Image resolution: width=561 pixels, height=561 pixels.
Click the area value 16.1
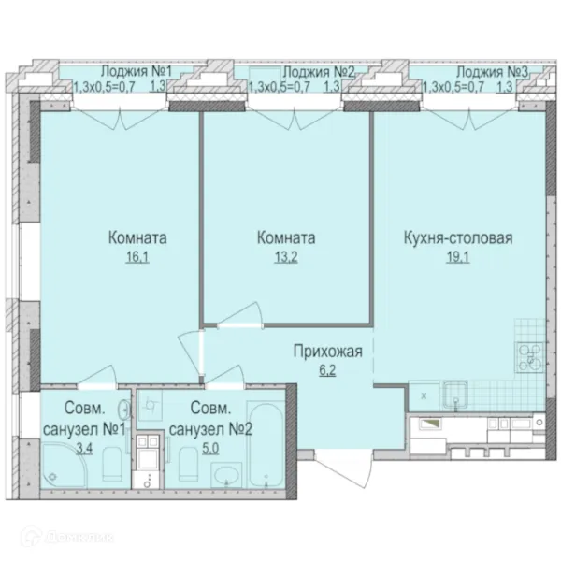pyautogui.click(x=137, y=257)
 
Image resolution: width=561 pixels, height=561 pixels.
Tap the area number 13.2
pyautogui.click(x=286, y=257)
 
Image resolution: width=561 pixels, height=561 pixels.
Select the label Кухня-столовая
pyautogui.click(x=458, y=237)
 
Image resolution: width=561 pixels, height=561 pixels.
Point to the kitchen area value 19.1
pyautogui.click(x=457, y=257)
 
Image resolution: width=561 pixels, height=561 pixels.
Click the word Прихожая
pyautogui.click(x=328, y=352)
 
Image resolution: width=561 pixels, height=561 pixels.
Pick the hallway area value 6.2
pyautogui.click(x=327, y=370)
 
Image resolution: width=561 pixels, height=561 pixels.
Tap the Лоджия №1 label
pyautogui.click(x=137, y=71)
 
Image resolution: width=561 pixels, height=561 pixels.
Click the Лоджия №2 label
pyautogui.click(x=319, y=72)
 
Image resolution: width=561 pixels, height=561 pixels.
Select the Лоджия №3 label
pyautogui.click(x=492, y=72)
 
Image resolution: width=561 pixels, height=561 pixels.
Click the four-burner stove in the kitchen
pyautogui.click(x=530, y=357)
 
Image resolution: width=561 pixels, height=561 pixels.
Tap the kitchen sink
pyautogui.click(x=455, y=395)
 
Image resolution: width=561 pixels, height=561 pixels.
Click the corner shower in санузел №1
pyautogui.click(x=64, y=466)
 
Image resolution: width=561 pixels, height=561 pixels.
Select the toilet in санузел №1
pyautogui.click(x=113, y=465)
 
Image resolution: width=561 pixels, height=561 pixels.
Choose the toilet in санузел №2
pyautogui.click(x=188, y=464)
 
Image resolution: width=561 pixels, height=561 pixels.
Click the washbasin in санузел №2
pyautogui.click(x=226, y=476)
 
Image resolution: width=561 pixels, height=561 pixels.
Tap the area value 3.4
pyautogui.click(x=84, y=448)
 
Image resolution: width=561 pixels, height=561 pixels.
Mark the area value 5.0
pyautogui.click(x=210, y=448)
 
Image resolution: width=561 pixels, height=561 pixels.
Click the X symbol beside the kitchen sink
pyautogui.click(x=424, y=396)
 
